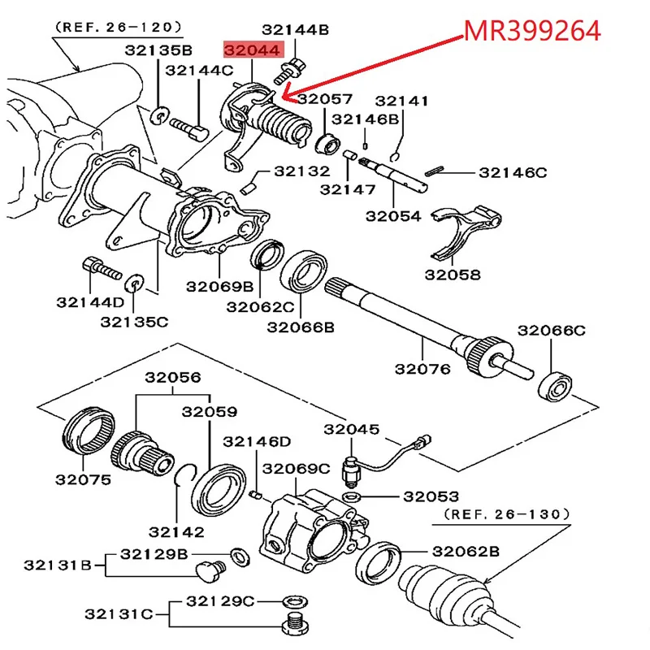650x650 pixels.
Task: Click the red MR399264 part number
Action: [x=532, y=32]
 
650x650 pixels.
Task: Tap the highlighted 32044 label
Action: [x=254, y=50]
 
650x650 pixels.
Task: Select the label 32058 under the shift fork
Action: [x=453, y=275]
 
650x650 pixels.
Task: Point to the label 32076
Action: [x=422, y=369]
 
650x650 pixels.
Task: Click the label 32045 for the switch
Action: [x=351, y=430]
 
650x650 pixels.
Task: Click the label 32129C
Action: [x=219, y=600]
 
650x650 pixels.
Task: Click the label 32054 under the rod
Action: [x=393, y=216]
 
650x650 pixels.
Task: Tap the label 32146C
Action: [x=513, y=172]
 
